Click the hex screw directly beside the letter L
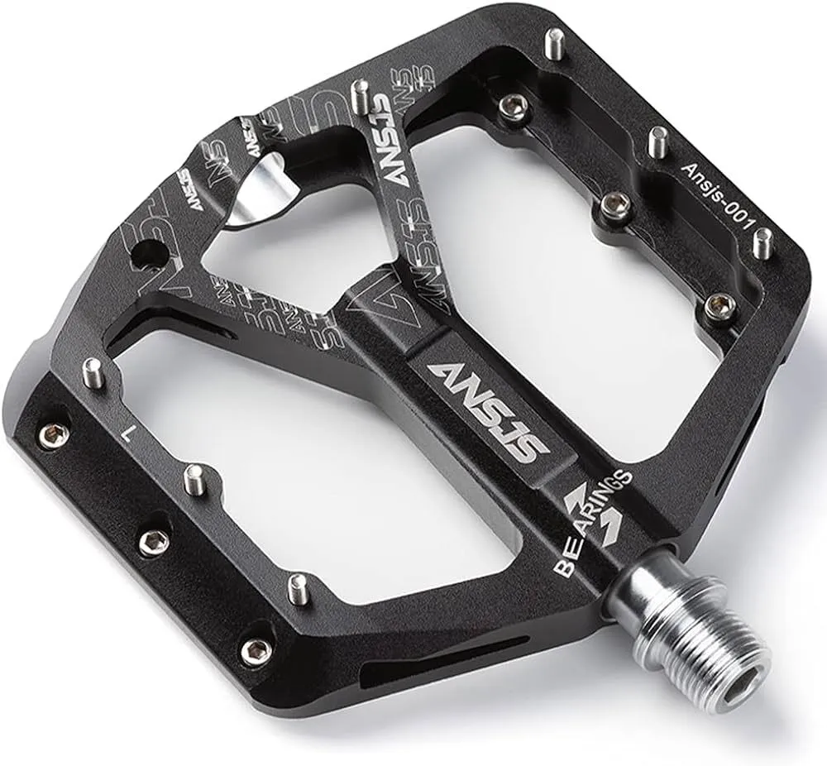[55, 433]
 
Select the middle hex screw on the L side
[154, 542]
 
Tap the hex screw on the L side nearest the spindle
[256, 649]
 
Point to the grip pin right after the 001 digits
[765, 241]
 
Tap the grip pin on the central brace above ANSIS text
[360, 95]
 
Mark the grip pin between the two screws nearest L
[194, 480]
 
